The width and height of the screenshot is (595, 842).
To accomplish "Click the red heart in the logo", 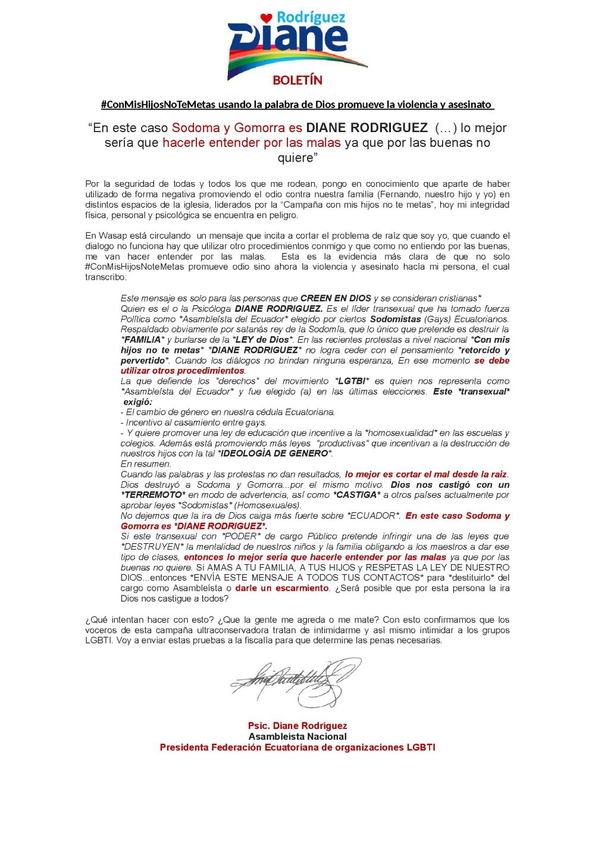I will point(266,18).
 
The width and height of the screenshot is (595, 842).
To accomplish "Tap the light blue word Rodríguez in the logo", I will point(310,17).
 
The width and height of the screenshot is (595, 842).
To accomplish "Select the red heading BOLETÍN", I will point(297,80).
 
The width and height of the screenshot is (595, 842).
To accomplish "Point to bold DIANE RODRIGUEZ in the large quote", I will point(367,128).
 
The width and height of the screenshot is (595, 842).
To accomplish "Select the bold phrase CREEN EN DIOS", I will point(336,298).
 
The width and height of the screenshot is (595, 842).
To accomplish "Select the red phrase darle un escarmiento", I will point(282,589).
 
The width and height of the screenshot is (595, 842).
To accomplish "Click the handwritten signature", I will point(295,681).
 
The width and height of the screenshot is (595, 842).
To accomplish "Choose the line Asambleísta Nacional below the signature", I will point(297,737).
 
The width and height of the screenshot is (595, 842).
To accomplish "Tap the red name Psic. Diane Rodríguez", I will point(297,726).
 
